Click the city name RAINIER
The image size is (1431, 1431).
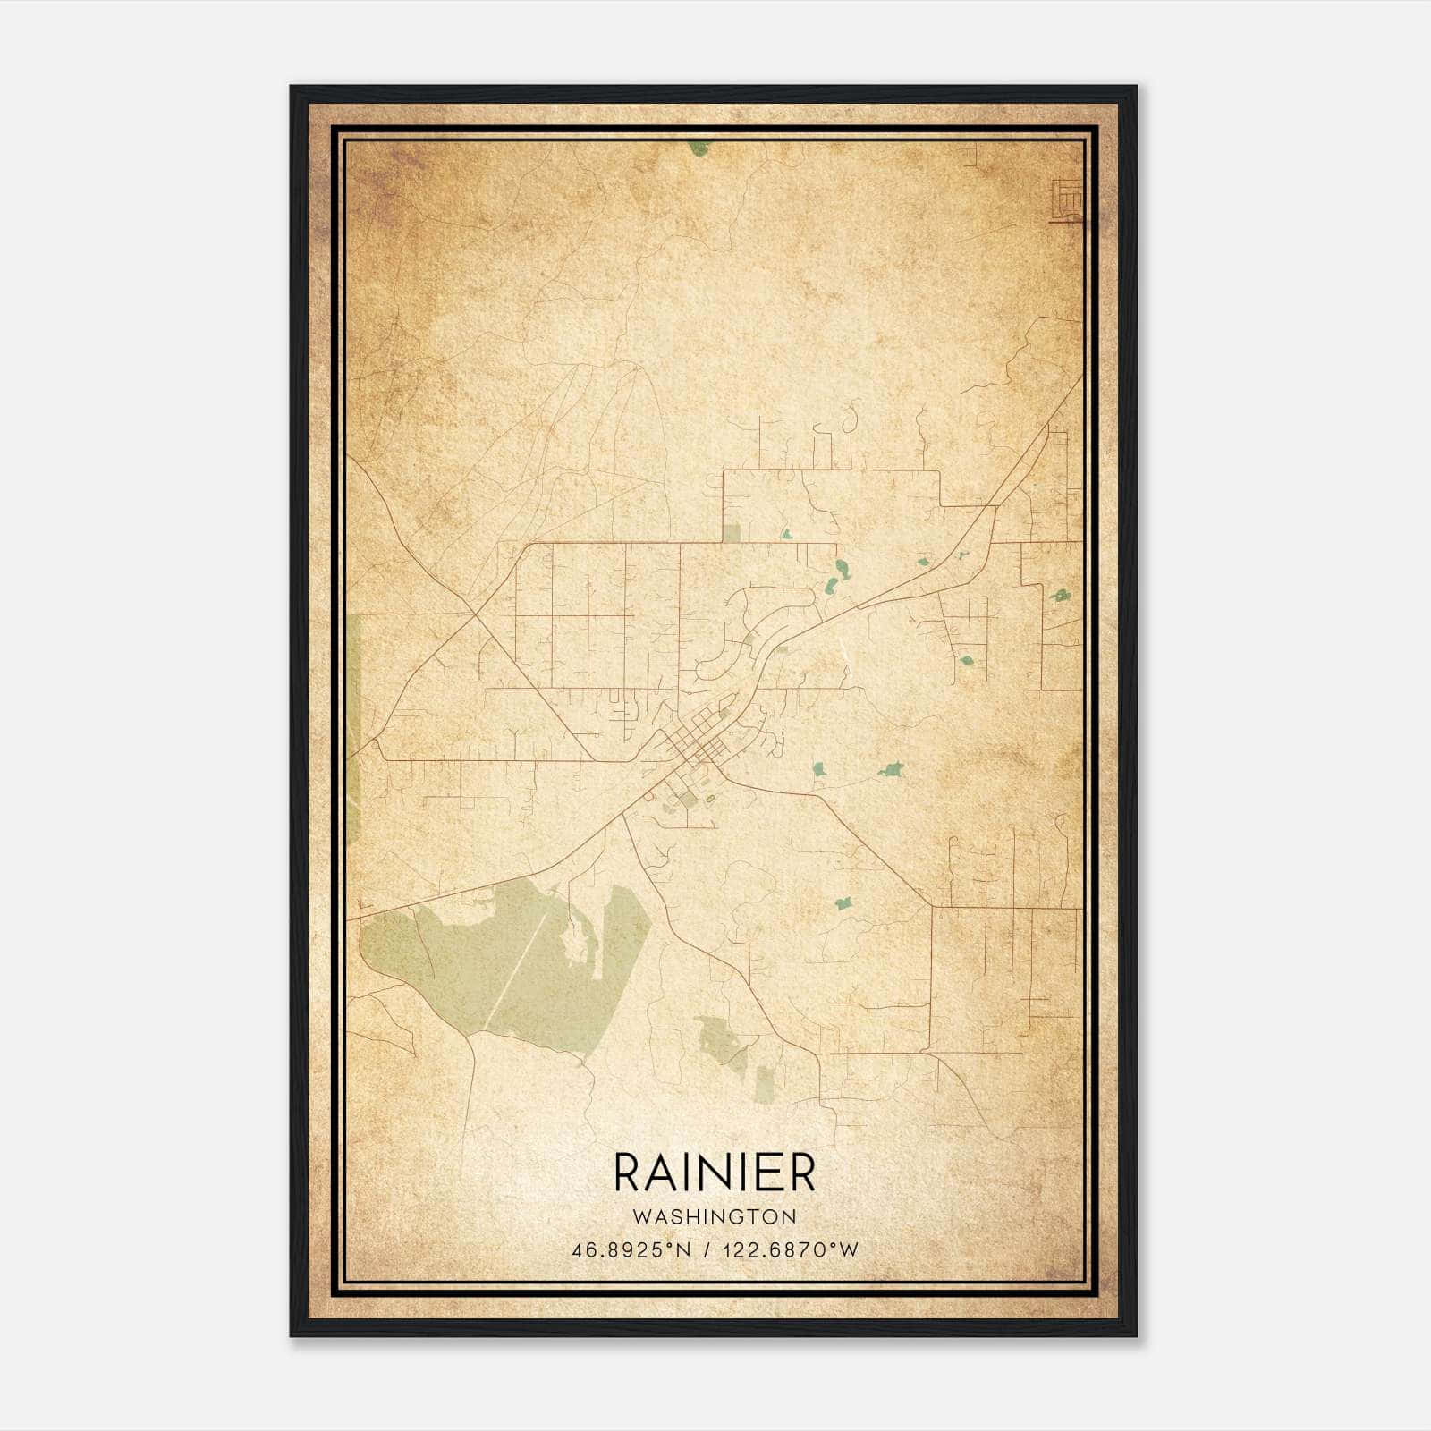pyautogui.click(x=714, y=1173)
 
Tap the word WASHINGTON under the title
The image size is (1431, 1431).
pyautogui.click(x=714, y=1217)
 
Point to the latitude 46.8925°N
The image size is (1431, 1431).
pyautogui.click(x=632, y=1250)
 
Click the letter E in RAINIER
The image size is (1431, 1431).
pyautogui.click(x=768, y=1173)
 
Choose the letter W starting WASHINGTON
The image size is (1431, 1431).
pyautogui.click(x=639, y=1217)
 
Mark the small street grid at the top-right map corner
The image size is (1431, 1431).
pyautogui.click(x=1067, y=199)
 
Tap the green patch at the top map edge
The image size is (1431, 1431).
pyautogui.click(x=699, y=148)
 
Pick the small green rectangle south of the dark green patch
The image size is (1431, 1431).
pyautogui.click(x=765, y=1084)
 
